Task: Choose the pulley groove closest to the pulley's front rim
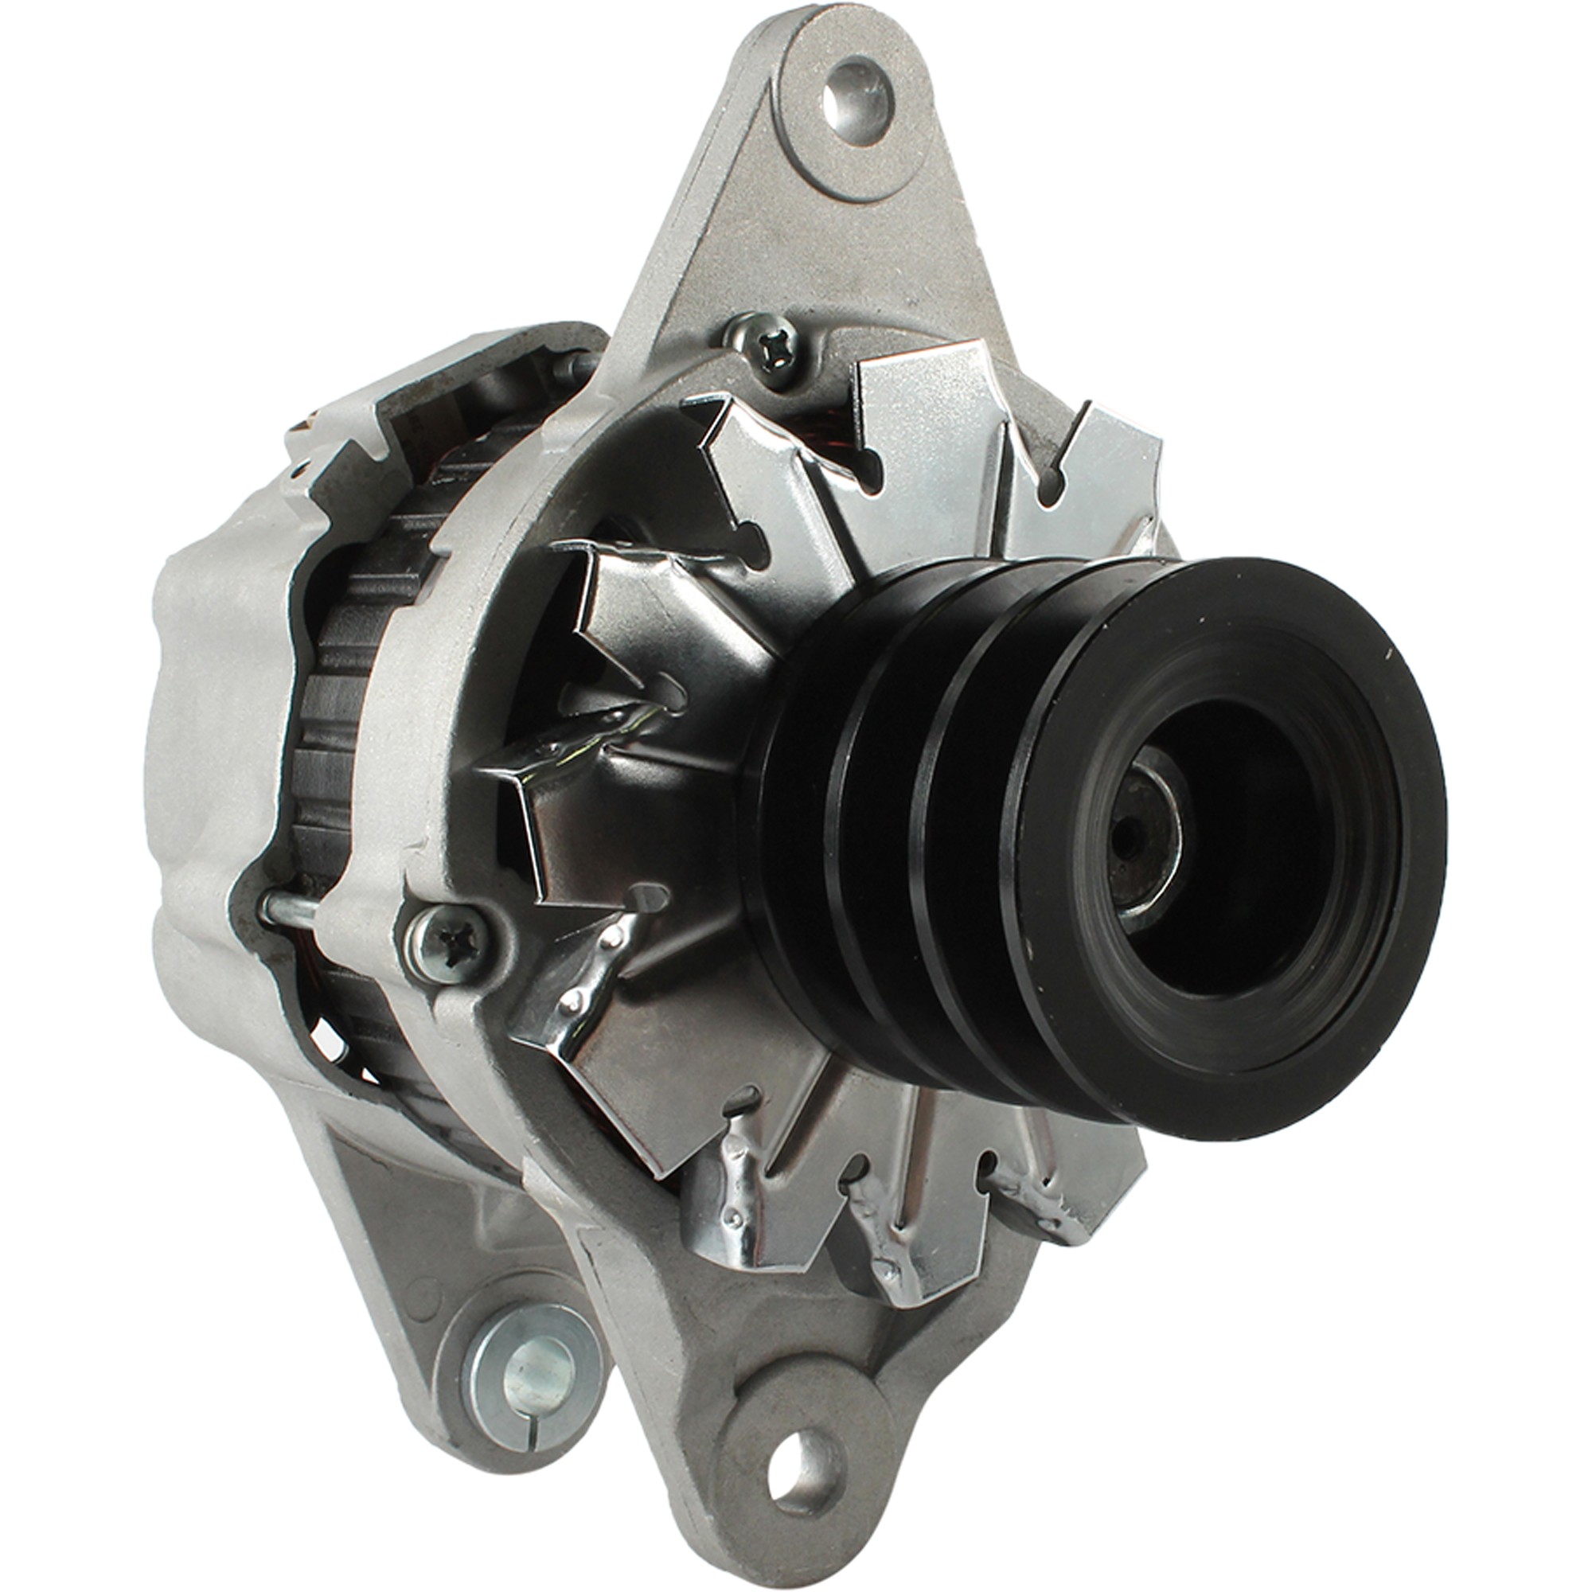tap(989, 824)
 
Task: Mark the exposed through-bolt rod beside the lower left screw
tap(288, 907)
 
